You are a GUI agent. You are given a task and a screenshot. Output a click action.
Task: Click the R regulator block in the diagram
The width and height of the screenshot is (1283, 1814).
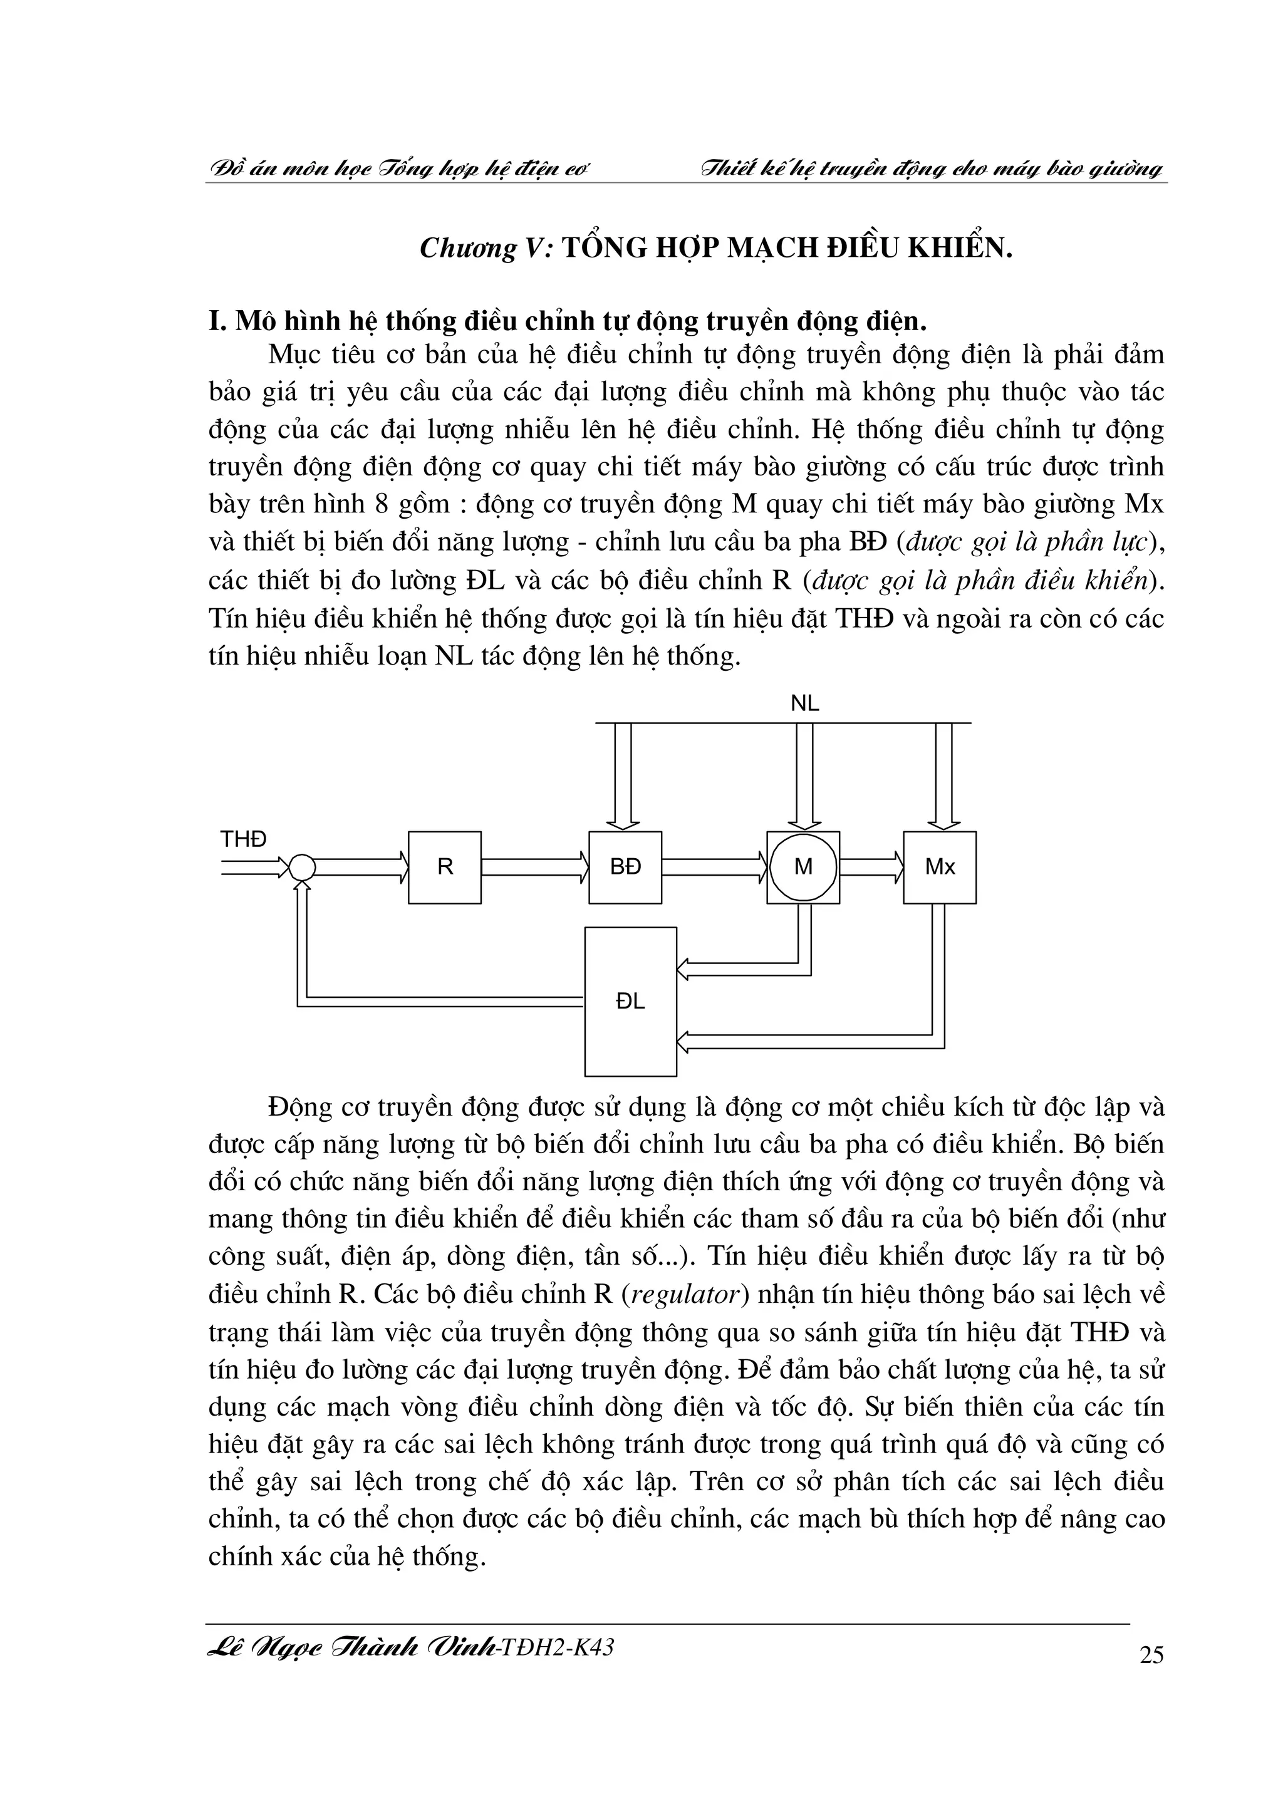[x=445, y=867]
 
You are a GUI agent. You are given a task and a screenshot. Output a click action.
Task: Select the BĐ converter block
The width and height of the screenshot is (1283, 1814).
[x=625, y=867]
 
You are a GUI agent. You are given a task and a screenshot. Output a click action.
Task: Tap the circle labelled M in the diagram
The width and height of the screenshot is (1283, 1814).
[x=803, y=867]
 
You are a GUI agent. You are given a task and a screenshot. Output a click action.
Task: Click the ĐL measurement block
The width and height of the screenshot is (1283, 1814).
[x=630, y=1001]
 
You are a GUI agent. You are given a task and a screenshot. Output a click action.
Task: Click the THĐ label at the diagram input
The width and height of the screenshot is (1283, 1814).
[x=243, y=839]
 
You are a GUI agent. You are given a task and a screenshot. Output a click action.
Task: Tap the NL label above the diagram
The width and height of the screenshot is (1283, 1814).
[x=805, y=703]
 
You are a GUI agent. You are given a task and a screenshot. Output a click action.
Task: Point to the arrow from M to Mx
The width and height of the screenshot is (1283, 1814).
[x=871, y=868]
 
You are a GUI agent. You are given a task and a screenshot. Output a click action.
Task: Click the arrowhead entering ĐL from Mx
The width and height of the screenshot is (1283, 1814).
[x=684, y=1042]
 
